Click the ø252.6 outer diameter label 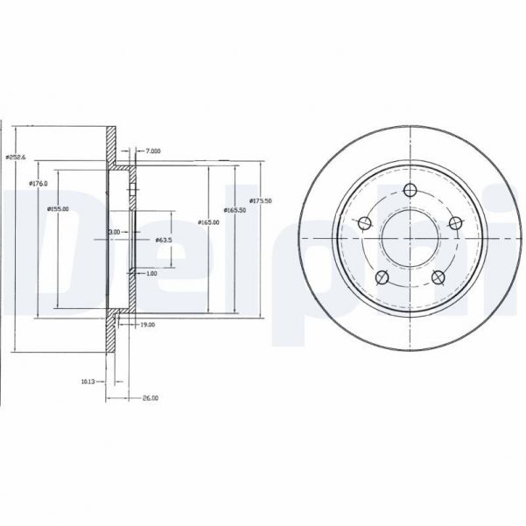16,156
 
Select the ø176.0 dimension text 38,183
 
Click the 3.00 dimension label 114,231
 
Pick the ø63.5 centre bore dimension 163,240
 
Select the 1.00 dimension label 151,274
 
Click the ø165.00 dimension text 208,222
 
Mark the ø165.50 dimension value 234,210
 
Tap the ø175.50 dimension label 262,200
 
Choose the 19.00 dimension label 148,325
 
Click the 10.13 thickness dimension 88,381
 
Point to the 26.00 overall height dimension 151,398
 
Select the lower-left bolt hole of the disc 382,278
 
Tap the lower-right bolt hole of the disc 439,278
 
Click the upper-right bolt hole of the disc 455,224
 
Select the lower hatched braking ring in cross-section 112,333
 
